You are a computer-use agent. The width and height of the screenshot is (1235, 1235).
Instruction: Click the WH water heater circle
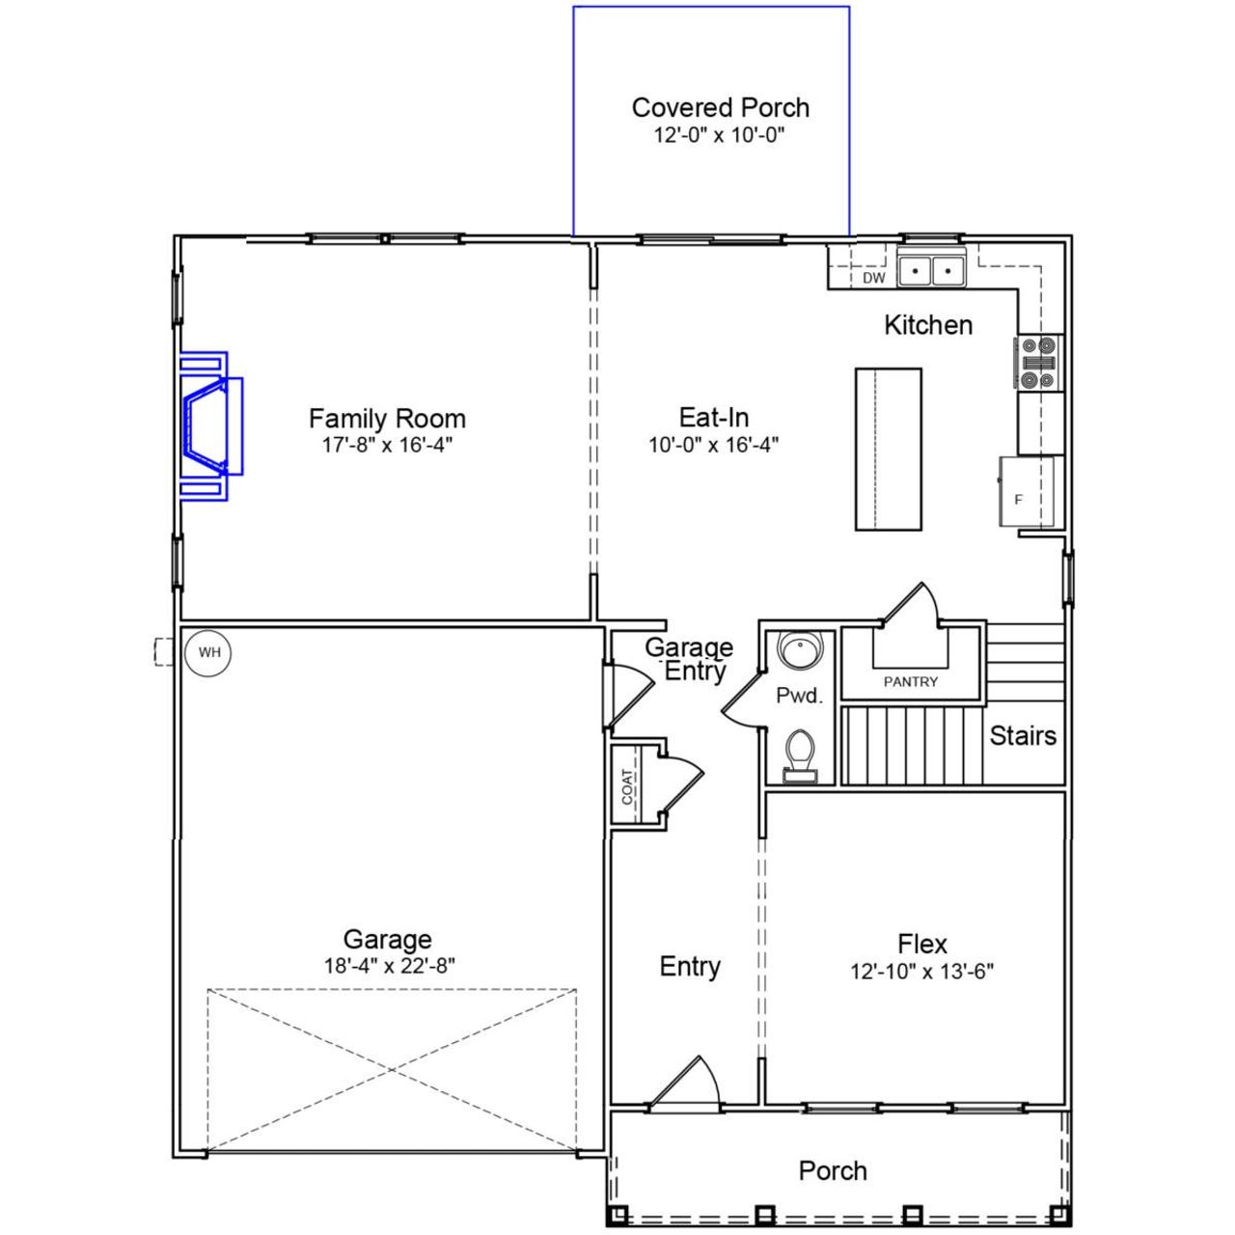(209, 653)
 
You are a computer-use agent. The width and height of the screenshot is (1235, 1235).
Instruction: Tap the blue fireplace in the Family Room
(208, 425)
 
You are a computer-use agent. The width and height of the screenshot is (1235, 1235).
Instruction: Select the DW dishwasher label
(873, 278)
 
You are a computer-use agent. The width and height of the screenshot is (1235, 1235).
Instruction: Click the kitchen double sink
(932, 270)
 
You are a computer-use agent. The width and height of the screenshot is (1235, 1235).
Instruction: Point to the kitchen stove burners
(1038, 362)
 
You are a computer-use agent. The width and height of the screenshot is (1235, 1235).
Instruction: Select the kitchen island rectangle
(888, 449)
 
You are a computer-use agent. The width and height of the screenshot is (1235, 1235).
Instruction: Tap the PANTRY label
(911, 681)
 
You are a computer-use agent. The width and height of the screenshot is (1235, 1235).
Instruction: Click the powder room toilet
(799, 754)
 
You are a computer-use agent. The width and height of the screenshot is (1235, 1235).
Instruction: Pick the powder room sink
(799, 650)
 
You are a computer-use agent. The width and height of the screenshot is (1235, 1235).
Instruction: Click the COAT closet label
(628, 786)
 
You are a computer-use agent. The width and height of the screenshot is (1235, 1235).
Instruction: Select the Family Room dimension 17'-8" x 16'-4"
(387, 445)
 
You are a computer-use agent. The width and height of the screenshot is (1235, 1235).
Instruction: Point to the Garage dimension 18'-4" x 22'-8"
(389, 966)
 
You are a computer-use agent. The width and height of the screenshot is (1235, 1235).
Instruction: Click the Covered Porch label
(720, 107)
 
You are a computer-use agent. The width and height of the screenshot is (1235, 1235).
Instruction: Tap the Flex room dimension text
(921, 971)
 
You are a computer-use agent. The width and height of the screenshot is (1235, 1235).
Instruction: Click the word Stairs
(1023, 736)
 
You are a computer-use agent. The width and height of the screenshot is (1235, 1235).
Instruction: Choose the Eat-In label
(714, 417)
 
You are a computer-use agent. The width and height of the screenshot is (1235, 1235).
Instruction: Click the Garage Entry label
(689, 659)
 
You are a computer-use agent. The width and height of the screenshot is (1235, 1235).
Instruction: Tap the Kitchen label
(928, 325)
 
